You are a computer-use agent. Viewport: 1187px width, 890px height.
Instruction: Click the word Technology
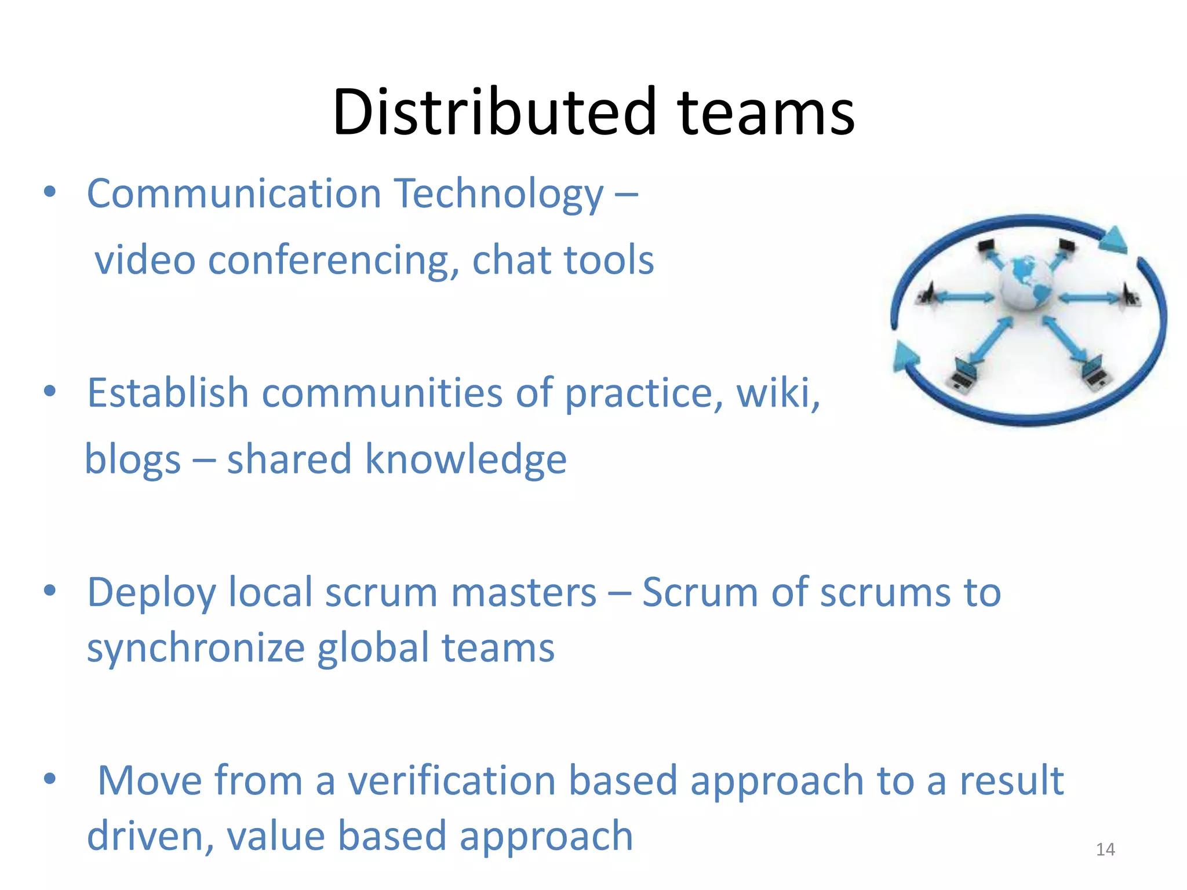pyautogui.click(x=499, y=195)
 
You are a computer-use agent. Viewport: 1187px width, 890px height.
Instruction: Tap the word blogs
pyautogui.click(x=133, y=460)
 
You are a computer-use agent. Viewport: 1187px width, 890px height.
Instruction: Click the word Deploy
pyautogui.click(x=151, y=593)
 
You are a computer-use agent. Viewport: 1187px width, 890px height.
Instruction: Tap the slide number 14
pyautogui.click(x=1105, y=849)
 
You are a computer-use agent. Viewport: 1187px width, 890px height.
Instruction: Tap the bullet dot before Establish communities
pyautogui.click(x=50, y=392)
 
